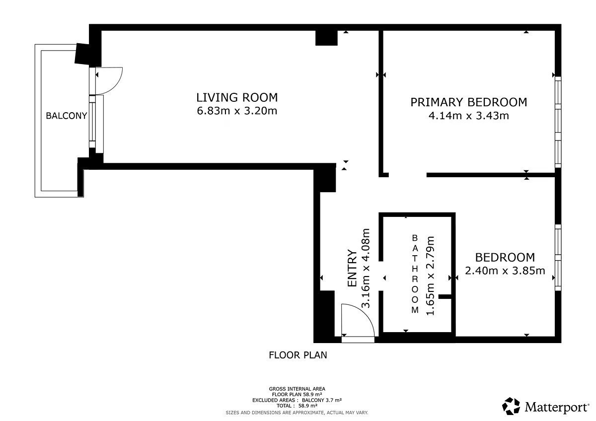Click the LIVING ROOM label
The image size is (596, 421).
237,98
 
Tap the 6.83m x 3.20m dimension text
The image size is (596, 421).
237,111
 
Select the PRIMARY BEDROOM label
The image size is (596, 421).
468,102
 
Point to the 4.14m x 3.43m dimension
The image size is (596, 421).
468,116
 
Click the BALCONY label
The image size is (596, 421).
66,116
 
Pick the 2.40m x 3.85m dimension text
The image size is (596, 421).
505,271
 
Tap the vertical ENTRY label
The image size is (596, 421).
352,268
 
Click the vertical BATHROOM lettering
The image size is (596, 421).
415,274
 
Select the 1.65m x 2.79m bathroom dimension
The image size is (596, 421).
430,276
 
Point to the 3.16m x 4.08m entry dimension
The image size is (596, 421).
366,268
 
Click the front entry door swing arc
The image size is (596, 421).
366,314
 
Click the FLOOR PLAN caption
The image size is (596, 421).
298,355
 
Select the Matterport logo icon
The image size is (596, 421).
511,406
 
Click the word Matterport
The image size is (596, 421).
556,407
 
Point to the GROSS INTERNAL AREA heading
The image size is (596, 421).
297,389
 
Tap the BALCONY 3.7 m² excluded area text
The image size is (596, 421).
322,400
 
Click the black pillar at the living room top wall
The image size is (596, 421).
326,38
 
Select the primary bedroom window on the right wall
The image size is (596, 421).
558,122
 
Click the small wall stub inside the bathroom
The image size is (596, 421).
445,296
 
